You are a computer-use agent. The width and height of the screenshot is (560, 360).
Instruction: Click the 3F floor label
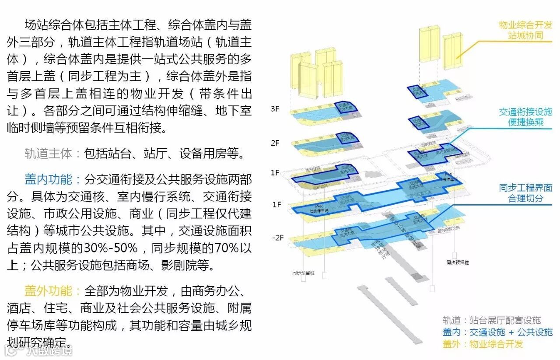pyautogui.click(x=275, y=109)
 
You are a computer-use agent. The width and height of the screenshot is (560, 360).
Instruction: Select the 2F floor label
pyautogui.click(x=275, y=143)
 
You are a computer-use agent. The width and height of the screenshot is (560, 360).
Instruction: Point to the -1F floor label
pyautogui.click(x=276, y=204)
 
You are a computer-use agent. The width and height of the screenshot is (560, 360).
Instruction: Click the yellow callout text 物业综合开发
pyautogui.click(x=525, y=25)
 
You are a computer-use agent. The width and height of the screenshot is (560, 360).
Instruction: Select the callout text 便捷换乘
pyautogui.click(x=525, y=122)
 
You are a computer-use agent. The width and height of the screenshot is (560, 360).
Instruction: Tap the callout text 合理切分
pyautogui.click(x=525, y=198)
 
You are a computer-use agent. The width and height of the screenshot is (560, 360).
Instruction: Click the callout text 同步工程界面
pyautogui.click(x=525, y=188)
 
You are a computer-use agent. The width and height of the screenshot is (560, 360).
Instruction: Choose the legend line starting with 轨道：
pyautogui.click(x=492, y=320)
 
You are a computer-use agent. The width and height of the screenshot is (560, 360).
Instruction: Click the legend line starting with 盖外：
pyautogui.click(x=483, y=344)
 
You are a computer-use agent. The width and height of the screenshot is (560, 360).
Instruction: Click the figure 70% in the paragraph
pyautogui.click(x=227, y=248)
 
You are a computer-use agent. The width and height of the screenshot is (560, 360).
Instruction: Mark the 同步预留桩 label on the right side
pyautogui.click(x=458, y=262)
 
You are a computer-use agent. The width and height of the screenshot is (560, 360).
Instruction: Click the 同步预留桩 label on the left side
pyautogui.click(x=304, y=273)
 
